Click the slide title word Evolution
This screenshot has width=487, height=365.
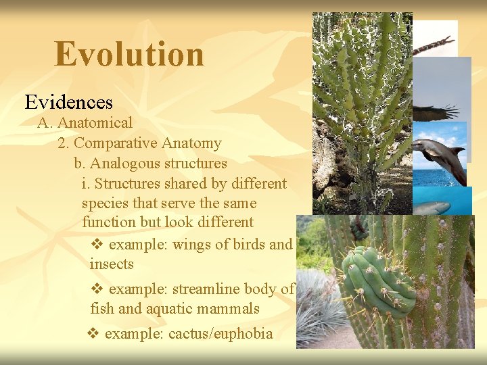(x=129, y=54)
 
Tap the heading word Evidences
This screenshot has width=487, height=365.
(x=69, y=102)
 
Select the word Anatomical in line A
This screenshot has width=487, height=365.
(x=95, y=123)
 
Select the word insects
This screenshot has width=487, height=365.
(x=112, y=264)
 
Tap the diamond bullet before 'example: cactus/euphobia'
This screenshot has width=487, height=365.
(x=93, y=333)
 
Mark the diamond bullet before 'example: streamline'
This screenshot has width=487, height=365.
(x=97, y=289)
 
